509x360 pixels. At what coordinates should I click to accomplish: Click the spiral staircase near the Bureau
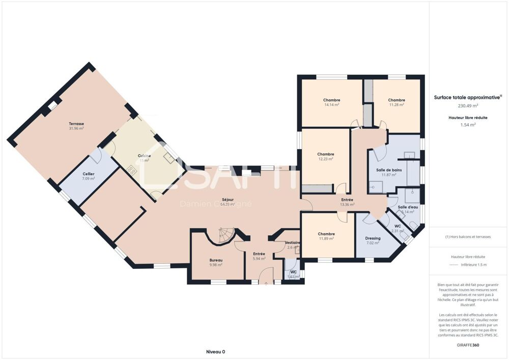tap(224, 235)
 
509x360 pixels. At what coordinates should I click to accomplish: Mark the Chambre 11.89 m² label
tap(326, 236)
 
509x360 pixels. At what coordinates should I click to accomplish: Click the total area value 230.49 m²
tap(468, 106)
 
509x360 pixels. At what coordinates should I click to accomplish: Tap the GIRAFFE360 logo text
tap(468, 345)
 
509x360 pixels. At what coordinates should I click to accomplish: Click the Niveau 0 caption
tap(215, 351)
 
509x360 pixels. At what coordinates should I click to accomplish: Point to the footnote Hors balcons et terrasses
tap(468, 237)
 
